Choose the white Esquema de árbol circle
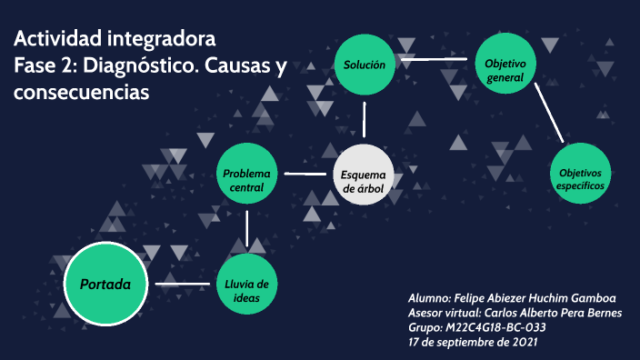tap(364, 175)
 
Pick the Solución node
tap(364, 65)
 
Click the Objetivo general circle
tap(505, 65)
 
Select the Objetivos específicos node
tap(580, 173)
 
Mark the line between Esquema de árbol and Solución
tap(364, 119)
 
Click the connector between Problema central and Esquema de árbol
tap(305, 172)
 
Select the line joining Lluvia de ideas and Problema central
tap(247, 230)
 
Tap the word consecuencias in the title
tap(81, 93)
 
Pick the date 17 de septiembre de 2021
tap(473, 342)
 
